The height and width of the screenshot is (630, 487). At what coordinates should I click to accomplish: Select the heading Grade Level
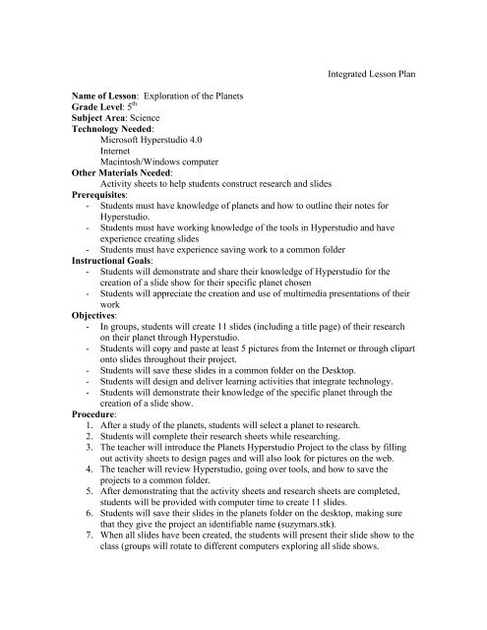click(x=98, y=113)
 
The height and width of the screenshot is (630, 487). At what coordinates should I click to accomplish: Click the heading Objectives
click(x=95, y=352)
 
